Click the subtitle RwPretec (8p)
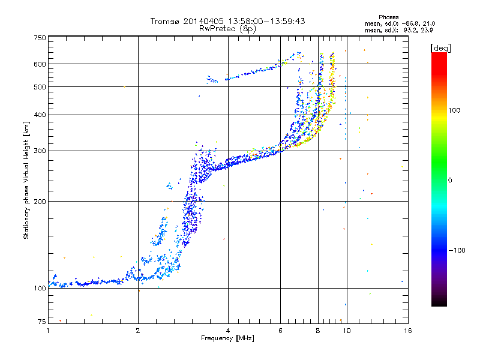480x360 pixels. coord(227,29)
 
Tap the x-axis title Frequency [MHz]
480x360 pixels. coord(227,338)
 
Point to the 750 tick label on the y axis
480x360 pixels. coord(40,38)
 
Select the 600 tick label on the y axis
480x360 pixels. coord(40,64)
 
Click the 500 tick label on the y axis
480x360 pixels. coord(40,87)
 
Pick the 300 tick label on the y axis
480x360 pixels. coord(40,151)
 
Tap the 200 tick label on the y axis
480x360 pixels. coord(40,202)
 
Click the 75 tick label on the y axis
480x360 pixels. coord(42,322)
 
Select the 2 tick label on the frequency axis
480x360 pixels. coord(138,331)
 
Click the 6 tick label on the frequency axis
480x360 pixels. coord(280,331)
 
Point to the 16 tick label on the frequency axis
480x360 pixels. coord(408,331)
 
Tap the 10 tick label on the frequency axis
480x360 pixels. coord(347,331)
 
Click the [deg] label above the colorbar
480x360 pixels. coord(441,48)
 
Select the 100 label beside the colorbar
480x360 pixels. coord(454,110)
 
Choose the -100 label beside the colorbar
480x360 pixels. coord(457,250)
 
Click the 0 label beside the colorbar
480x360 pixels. coord(450,181)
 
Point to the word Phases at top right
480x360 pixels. coord(388,17)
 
